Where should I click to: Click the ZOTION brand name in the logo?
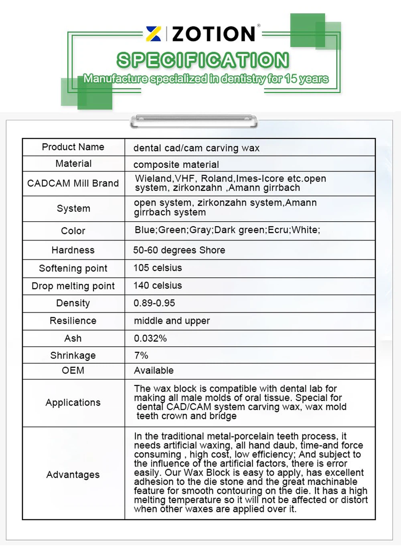(213, 34)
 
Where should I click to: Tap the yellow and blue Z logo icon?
(154, 34)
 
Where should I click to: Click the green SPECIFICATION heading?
(203, 60)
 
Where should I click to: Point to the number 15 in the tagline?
(291, 79)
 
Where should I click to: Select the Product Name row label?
(73, 147)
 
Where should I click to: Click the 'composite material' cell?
(176, 164)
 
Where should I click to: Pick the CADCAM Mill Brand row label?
(73, 183)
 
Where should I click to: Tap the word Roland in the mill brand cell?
(217, 178)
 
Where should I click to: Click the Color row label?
(73, 231)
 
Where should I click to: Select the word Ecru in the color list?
(278, 230)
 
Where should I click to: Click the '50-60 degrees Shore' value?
(179, 250)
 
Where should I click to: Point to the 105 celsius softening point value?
(158, 268)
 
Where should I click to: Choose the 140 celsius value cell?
(158, 285)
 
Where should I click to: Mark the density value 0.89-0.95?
(154, 303)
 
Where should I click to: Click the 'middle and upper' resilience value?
(172, 321)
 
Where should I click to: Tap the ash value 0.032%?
(150, 338)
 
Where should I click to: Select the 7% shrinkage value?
(141, 355)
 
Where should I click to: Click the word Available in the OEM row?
(154, 370)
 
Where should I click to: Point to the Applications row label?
(73, 402)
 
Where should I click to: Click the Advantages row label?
(73, 475)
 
